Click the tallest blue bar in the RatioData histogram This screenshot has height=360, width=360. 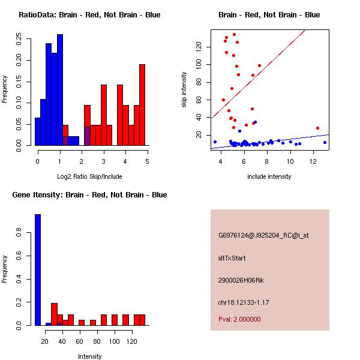(60, 90)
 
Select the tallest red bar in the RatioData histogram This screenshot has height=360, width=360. (142, 105)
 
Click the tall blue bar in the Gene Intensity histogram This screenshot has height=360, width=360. (38, 270)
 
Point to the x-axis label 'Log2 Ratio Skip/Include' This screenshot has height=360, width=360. (89, 176)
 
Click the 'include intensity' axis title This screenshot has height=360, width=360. (269, 176)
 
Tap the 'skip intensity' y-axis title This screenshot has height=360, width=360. (184, 89)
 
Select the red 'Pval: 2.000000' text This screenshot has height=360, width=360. (239, 319)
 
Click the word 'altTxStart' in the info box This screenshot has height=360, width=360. (232, 258)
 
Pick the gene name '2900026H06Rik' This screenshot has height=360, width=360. (241, 280)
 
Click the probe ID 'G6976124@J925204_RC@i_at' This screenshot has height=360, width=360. (263, 236)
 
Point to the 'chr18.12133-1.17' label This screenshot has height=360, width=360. (244, 302)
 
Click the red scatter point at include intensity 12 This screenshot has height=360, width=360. (317, 128)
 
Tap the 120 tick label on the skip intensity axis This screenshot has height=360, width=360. (199, 47)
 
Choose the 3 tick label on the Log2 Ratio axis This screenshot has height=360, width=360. (104, 161)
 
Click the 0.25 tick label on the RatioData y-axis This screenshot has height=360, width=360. (19, 39)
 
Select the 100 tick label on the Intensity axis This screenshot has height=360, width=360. (115, 341)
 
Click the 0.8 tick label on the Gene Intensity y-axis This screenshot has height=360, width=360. (19, 232)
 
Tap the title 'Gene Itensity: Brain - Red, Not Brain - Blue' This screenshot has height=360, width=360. (89, 195)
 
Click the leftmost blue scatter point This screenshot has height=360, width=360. (215, 142)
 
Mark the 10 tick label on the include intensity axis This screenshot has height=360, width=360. (290, 161)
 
